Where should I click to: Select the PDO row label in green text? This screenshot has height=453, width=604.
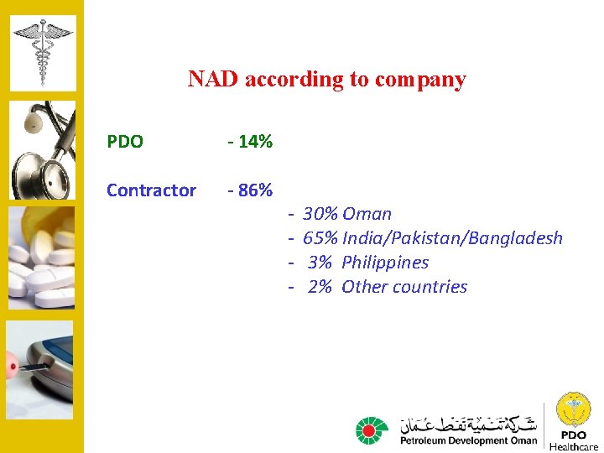click(x=125, y=142)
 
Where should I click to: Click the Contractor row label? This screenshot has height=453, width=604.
click(x=151, y=190)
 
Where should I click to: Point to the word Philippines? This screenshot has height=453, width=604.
click(x=385, y=263)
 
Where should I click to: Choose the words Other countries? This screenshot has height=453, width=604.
click(x=404, y=287)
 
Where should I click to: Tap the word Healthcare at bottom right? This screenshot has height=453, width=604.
click(x=574, y=446)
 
